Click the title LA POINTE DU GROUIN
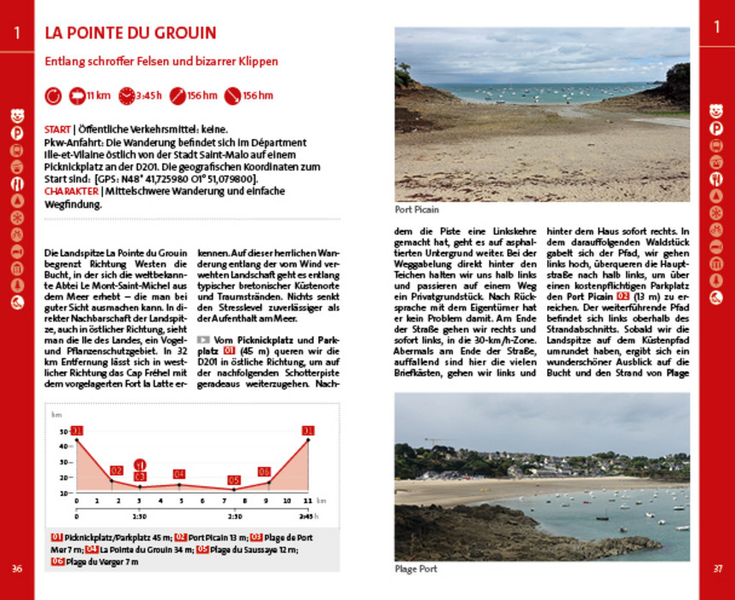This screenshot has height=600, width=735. [130, 34]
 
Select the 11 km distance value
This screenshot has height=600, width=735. [98, 95]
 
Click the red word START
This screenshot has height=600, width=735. [57, 129]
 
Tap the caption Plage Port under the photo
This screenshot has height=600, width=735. [416, 568]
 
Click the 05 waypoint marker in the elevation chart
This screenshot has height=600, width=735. [233, 480]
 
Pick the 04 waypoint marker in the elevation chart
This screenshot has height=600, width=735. [179, 474]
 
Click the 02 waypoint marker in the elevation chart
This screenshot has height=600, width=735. [117, 471]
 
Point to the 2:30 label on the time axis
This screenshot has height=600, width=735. [234, 516]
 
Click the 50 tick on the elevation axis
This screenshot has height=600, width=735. [63, 432]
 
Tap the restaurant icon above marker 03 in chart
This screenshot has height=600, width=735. [140, 464]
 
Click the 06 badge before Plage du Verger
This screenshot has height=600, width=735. [57, 561]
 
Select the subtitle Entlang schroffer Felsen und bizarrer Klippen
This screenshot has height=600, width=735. [162, 62]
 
